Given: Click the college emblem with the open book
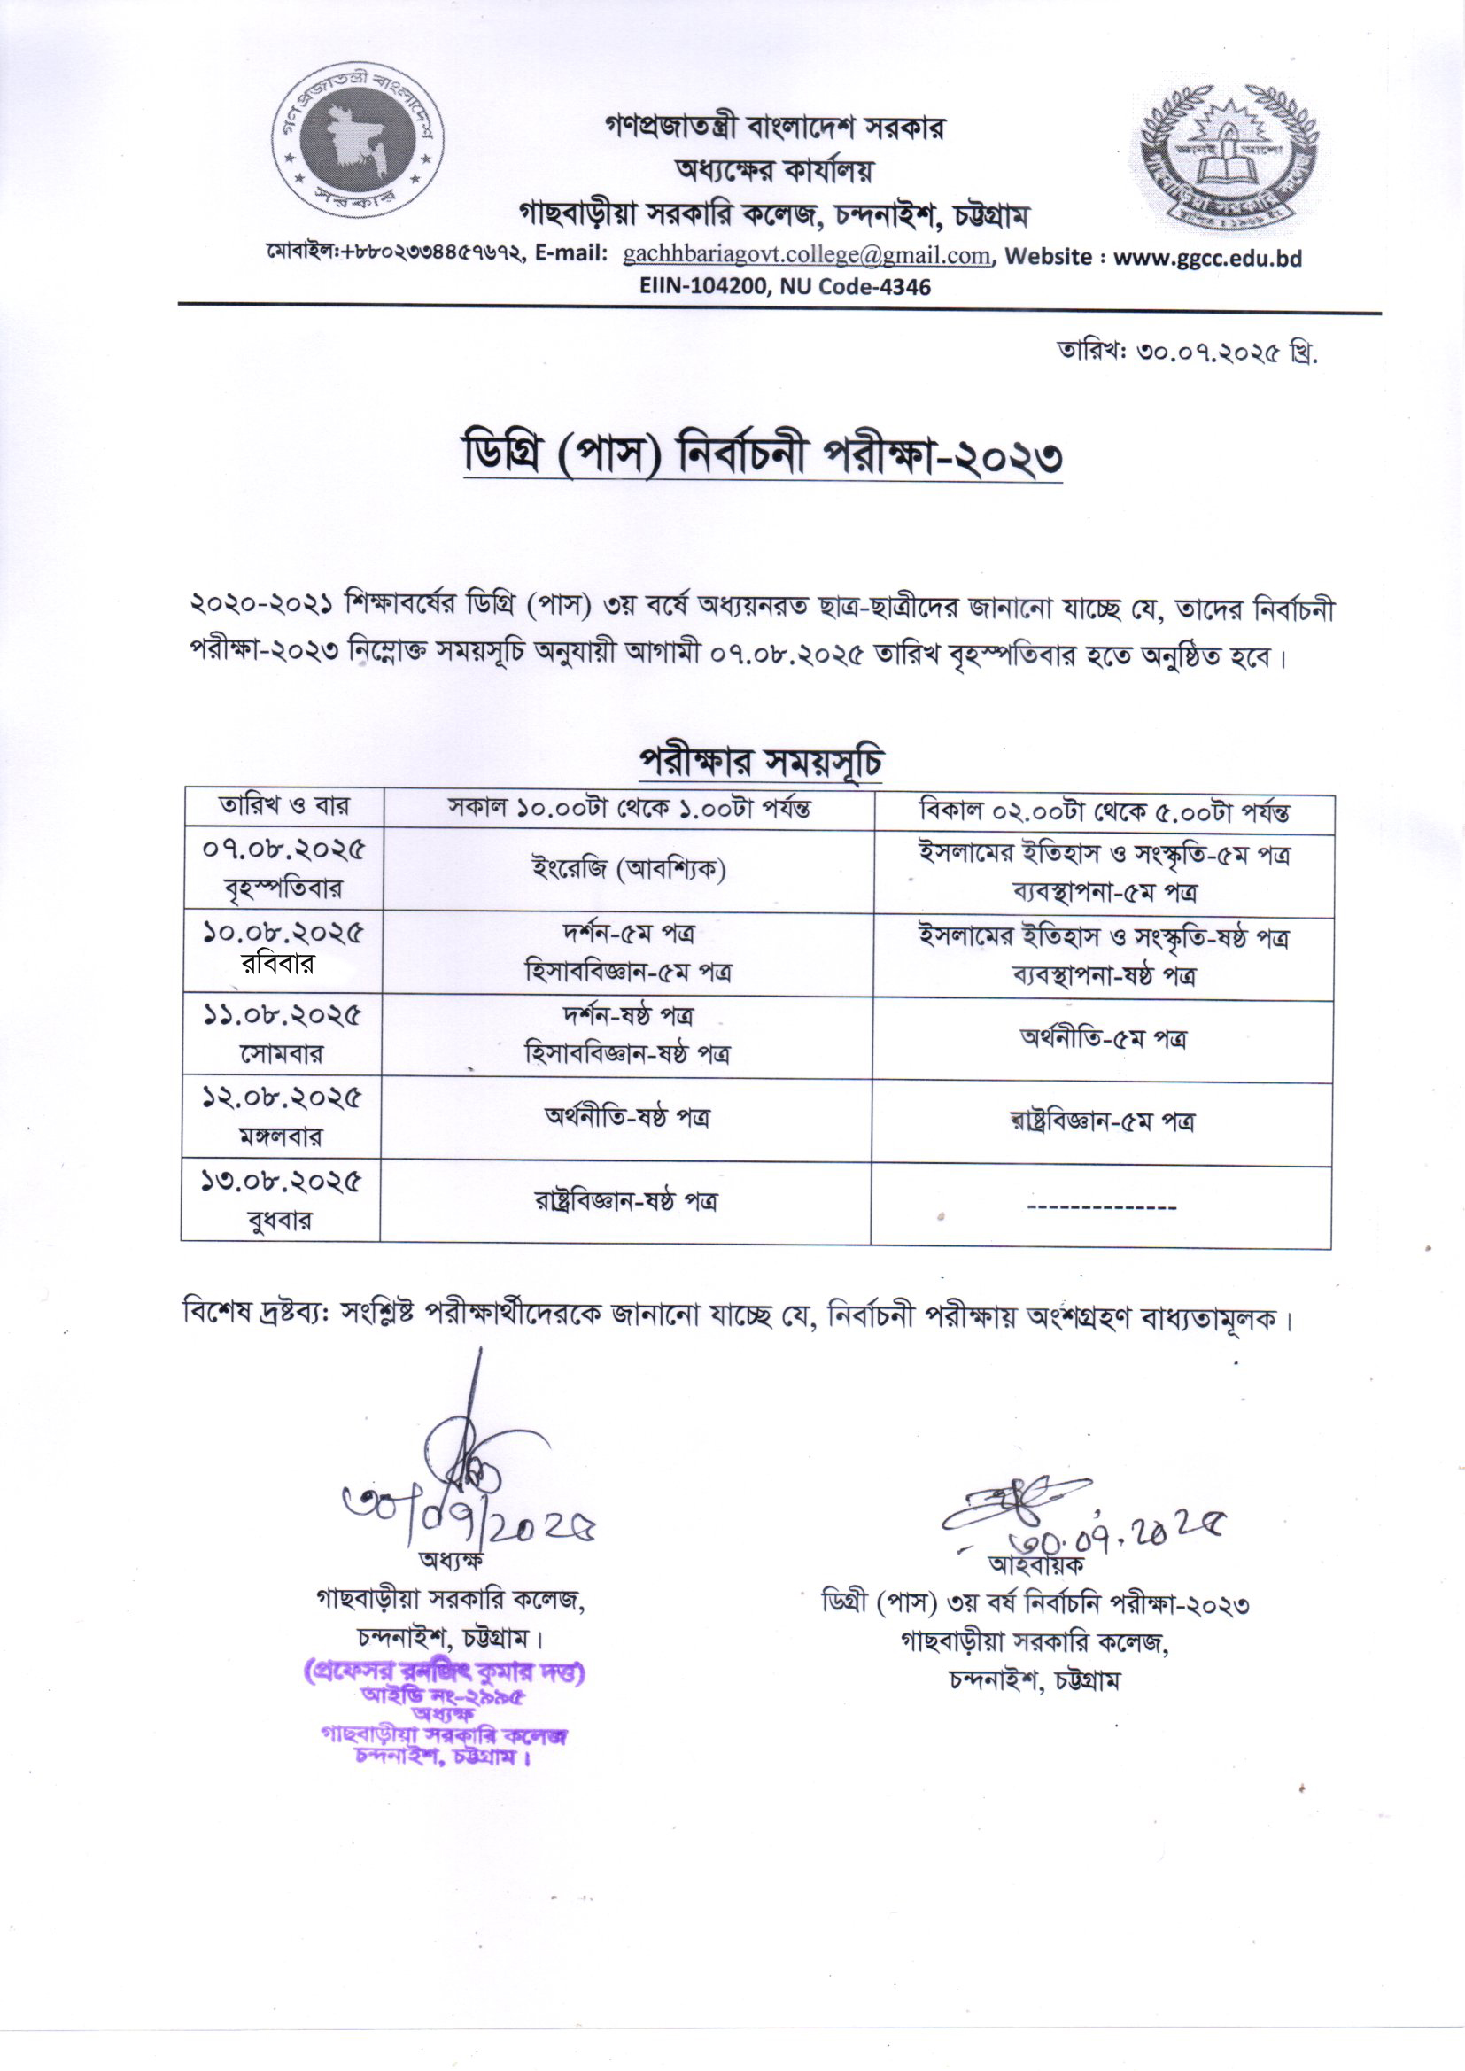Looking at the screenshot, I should (x=1225, y=155).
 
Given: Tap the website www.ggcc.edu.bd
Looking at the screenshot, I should (x=1207, y=257).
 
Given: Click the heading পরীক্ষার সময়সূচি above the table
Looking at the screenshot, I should (x=760, y=762).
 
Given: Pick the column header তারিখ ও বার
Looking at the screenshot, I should (x=283, y=805).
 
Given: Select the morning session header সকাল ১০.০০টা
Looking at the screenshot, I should (x=629, y=808).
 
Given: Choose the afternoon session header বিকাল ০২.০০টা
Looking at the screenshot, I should (x=1104, y=811).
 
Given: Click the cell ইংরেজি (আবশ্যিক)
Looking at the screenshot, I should (x=629, y=870).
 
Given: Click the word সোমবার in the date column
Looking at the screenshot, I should (x=282, y=1052).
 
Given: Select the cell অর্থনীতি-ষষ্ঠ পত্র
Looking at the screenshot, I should (x=626, y=1118).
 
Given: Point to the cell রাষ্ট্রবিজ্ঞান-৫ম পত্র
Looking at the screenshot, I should (x=1102, y=1122).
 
